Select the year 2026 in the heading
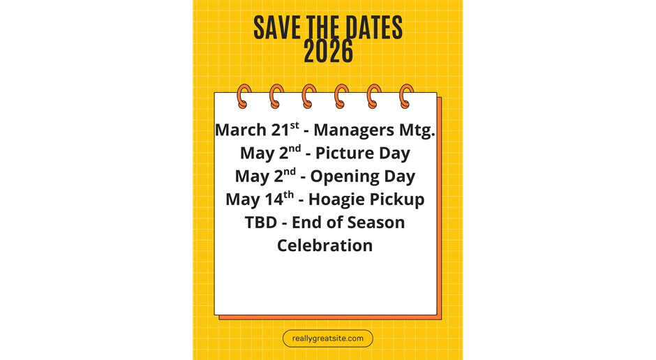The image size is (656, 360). [328, 52]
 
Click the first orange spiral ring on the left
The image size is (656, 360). [243, 96]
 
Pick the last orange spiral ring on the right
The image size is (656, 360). [406, 96]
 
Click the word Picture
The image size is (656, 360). [343, 153]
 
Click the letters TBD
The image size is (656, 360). [261, 223]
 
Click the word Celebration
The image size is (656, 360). [325, 246]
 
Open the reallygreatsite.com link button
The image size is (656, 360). [328, 338]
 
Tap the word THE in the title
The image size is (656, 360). [319, 28]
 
